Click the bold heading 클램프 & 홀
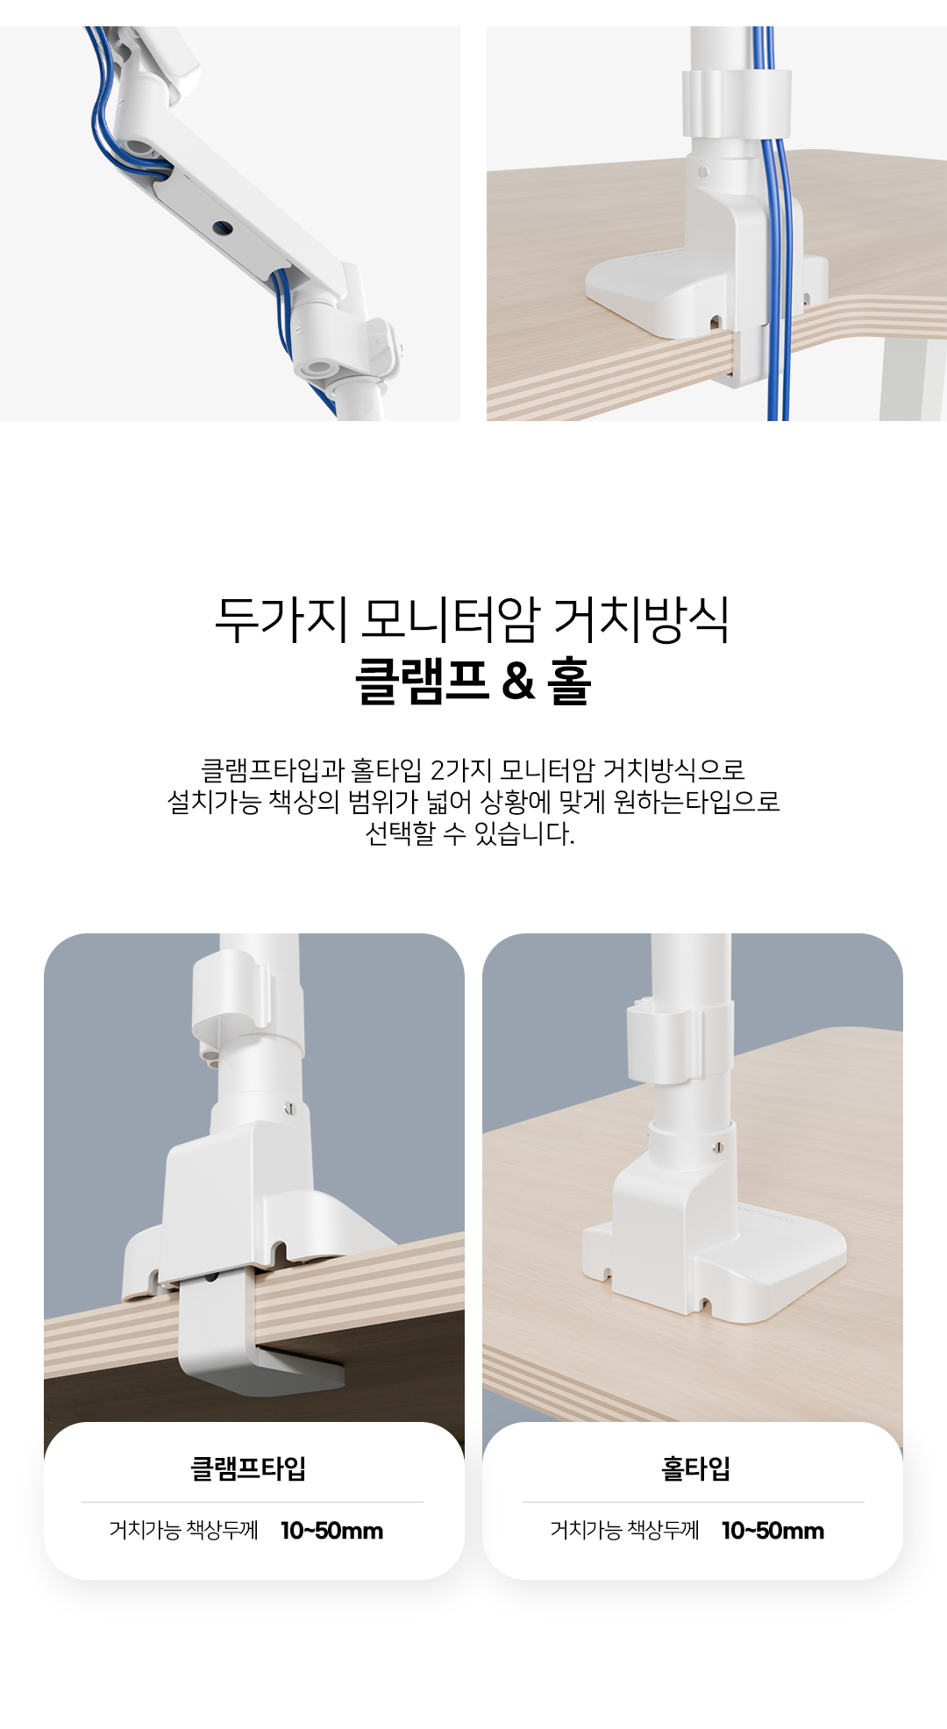point(473,681)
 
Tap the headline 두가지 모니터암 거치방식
point(473,619)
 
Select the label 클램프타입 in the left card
point(248,1468)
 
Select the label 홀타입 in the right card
point(695,1468)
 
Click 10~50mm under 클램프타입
point(332,1531)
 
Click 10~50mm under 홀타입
point(773,1531)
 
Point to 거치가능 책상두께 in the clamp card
point(184,1531)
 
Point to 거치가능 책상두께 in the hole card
point(625,1531)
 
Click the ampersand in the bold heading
point(518,682)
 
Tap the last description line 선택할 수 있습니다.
point(470,833)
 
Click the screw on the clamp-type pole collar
point(290,1110)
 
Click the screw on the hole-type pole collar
point(718,1147)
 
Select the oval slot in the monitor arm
point(223,229)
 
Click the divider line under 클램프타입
point(253,1502)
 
